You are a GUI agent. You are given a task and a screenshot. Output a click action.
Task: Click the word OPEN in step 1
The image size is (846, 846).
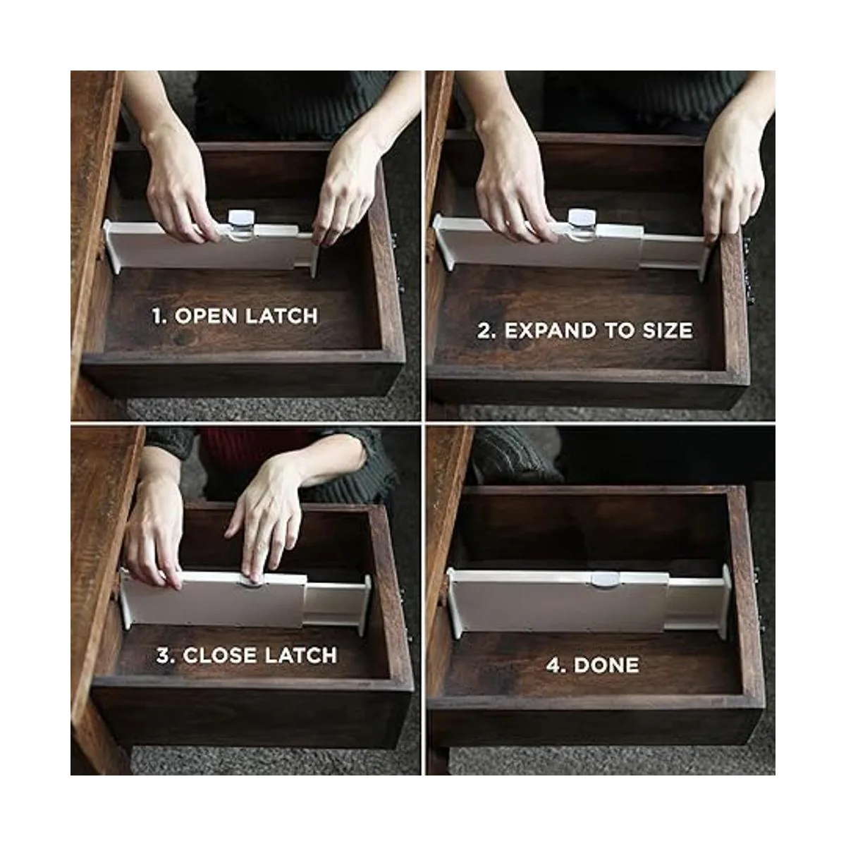[206, 316]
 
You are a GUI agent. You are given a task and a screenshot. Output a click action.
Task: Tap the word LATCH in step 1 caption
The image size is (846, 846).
[281, 316]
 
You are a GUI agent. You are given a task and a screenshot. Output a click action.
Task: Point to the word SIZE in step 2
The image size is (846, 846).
[668, 331]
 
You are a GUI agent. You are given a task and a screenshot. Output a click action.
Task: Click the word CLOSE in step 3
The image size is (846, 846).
[219, 656]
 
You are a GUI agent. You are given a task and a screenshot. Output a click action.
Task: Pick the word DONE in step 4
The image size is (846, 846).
[606, 665]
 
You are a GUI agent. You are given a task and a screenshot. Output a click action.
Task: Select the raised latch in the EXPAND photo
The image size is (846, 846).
[582, 223]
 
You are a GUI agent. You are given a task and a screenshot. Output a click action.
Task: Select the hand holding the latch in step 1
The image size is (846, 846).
[180, 185]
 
